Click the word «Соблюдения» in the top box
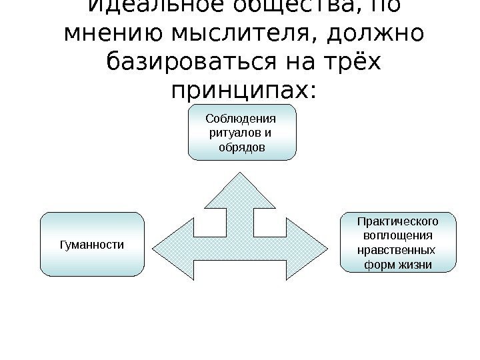click(x=241, y=119)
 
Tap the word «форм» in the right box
click(x=380, y=265)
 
